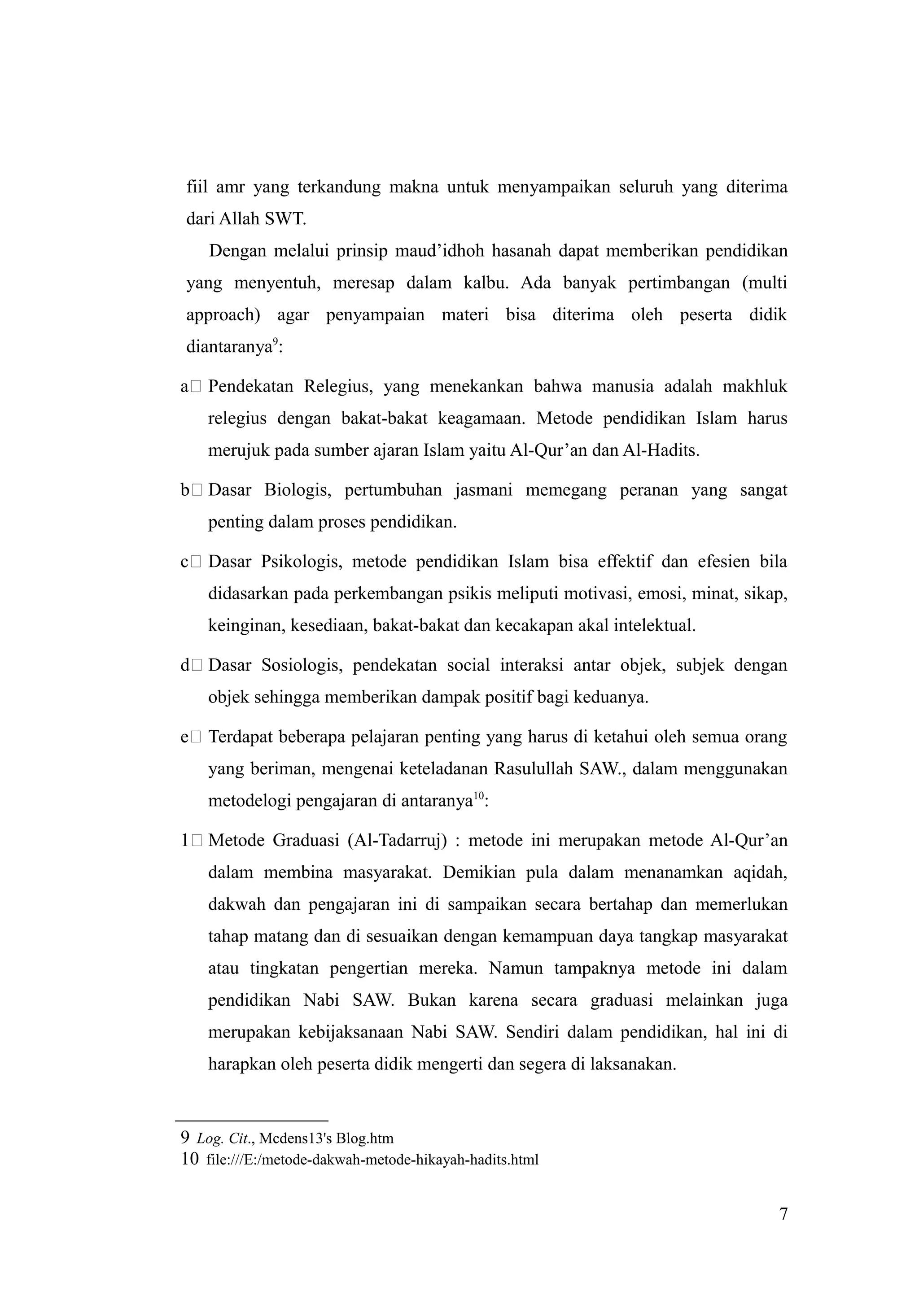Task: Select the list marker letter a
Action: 184,387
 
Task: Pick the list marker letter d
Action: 184,665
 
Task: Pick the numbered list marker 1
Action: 184,841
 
